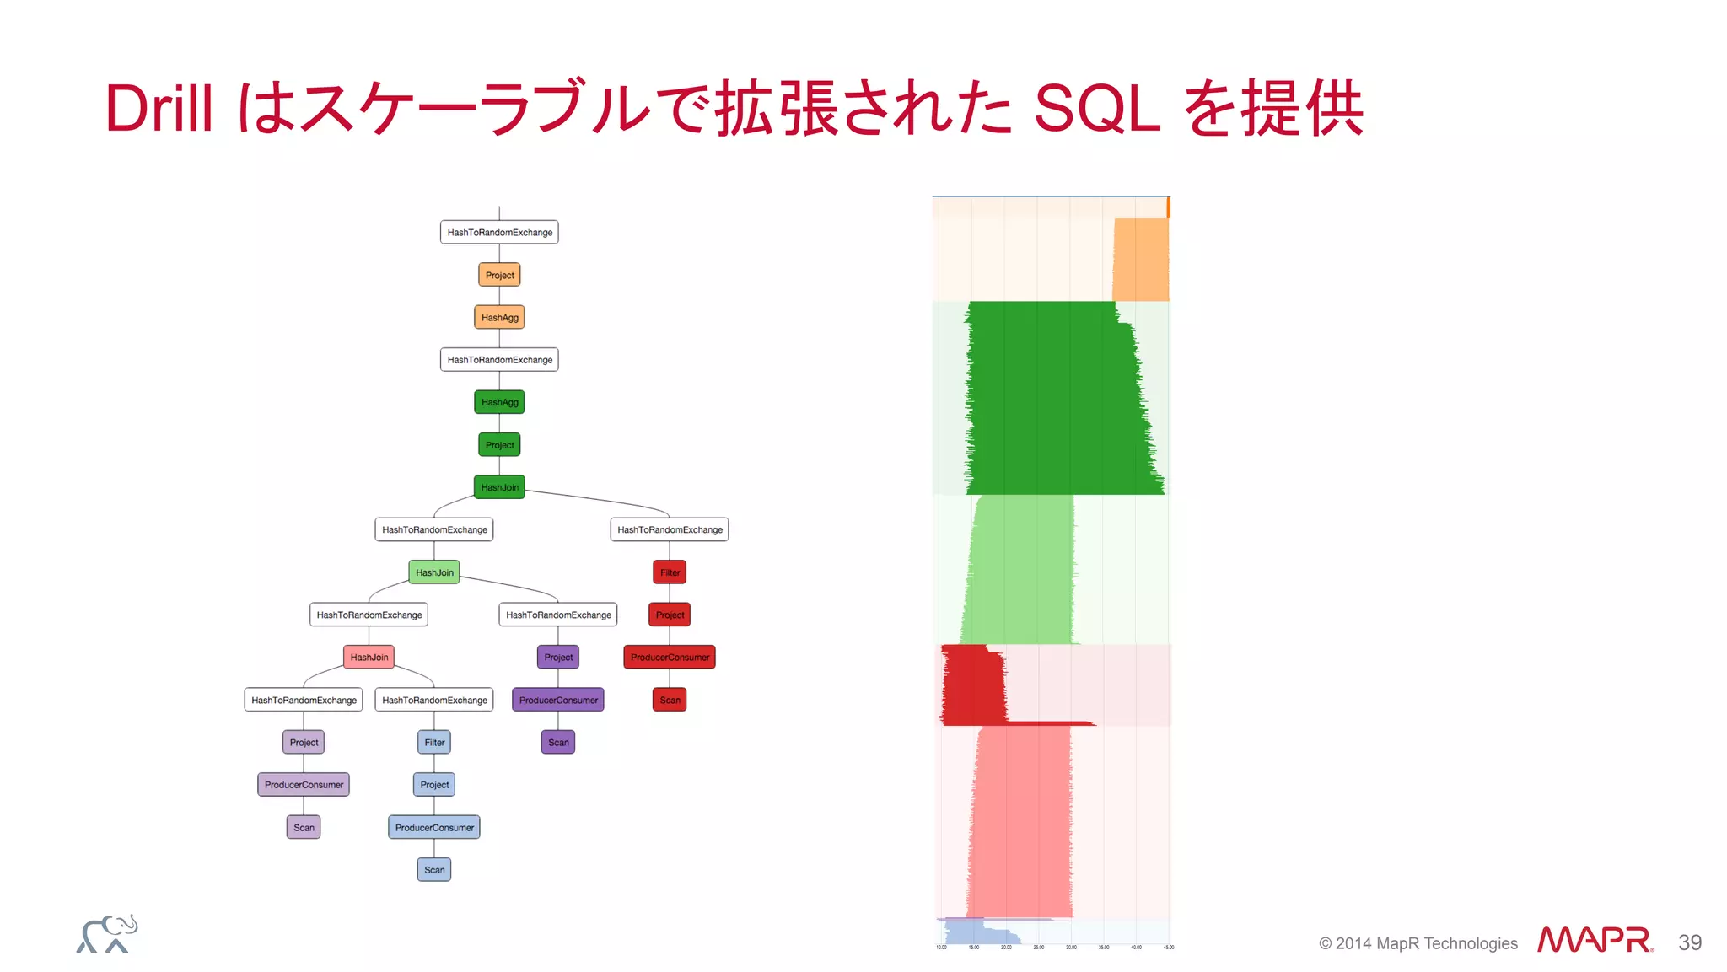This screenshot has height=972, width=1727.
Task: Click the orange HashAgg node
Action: coord(499,318)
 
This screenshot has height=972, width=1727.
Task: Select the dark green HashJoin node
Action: coord(499,487)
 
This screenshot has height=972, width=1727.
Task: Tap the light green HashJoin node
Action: coord(434,572)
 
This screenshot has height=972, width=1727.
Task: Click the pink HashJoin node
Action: coord(369,657)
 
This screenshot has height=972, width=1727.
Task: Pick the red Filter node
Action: coord(670,572)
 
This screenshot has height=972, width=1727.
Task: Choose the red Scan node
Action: coord(670,700)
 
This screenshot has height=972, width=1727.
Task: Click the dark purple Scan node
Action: coord(558,742)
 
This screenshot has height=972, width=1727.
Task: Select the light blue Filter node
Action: coord(434,742)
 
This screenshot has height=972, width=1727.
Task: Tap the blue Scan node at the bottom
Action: coord(434,869)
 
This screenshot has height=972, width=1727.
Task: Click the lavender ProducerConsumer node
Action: coord(304,784)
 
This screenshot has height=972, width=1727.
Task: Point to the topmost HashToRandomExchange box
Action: coord(499,232)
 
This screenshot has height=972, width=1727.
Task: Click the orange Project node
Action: coord(499,275)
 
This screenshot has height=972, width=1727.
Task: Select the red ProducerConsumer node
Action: coord(670,657)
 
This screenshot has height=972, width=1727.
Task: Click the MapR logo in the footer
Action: coord(1595,940)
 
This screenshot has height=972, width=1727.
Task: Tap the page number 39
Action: coord(1689,942)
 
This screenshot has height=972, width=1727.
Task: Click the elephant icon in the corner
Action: coord(107,934)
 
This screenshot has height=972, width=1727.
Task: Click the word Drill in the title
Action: coord(159,109)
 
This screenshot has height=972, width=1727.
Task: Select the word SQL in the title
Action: coord(1097,109)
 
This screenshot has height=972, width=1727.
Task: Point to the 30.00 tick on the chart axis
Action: coord(1071,948)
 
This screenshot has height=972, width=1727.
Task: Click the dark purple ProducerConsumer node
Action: coord(558,700)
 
